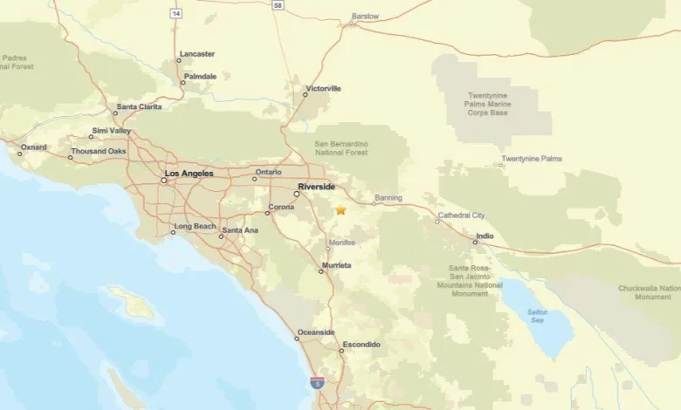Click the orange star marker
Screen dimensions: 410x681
(x=340, y=210)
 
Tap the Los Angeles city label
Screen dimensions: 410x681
(x=189, y=174)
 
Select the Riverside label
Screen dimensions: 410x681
(x=316, y=187)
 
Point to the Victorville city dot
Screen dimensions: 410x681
(x=306, y=94)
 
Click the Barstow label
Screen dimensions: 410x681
(x=365, y=16)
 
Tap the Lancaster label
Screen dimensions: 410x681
(x=197, y=54)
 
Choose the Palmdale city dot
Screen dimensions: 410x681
(x=183, y=84)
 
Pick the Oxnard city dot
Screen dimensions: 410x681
(x=19, y=154)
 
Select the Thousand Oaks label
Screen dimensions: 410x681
(x=100, y=151)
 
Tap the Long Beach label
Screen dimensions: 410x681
(x=195, y=227)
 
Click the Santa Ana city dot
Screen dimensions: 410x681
(x=221, y=236)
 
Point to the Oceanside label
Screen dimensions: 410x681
(x=316, y=332)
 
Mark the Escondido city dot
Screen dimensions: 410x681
(x=341, y=351)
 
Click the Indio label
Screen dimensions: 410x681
(x=484, y=236)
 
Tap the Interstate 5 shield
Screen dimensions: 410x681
(x=317, y=382)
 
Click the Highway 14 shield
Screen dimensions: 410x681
(x=176, y=14)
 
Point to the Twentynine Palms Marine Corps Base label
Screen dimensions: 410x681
(x=487, y=105)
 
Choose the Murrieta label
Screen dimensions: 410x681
(x=336, y=264)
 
